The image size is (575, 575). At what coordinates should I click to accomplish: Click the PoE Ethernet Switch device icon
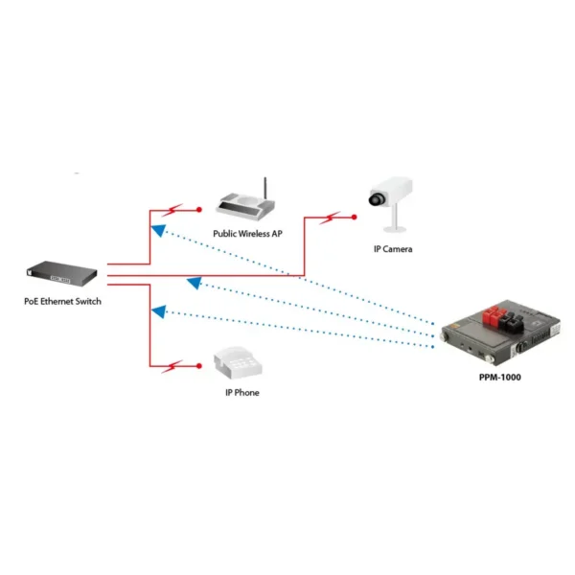click(x=61, y=273)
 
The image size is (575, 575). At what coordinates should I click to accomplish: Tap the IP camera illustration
click(x=392, y=204)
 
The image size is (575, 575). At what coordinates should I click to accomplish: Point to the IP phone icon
click(x=238, y=362)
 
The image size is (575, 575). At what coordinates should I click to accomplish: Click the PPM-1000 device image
click(x=500, y=333)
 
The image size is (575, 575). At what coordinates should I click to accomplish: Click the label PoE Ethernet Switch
click(x=62, y=302)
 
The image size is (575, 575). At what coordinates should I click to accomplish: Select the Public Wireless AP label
click(x=247, y=234)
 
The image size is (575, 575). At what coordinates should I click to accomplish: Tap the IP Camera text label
click(x=393, y=249)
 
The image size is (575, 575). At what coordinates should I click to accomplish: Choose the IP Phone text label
click(x=242, y=393)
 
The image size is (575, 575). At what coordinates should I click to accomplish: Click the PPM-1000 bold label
click(x=500, y=378)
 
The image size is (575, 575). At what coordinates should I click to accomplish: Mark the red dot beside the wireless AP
click(x=199, y=210)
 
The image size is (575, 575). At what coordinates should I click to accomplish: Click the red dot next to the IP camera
click(x=355, y=218)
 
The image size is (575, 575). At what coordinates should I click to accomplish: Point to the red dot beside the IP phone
click(x=199, y=366)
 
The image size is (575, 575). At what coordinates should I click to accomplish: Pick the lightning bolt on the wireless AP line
click(x=172, y=210)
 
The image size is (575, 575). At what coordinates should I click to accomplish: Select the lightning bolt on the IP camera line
click(x=330, y=218)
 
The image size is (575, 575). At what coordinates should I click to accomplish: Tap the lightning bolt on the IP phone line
click(x=172, y=366)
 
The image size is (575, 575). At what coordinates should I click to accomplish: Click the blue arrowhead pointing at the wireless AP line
click(x=159, y=230)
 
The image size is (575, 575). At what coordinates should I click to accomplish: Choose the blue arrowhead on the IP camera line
click(x=195, y=283)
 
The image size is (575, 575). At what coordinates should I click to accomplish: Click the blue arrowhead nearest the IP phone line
click(x=159, y=311)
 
